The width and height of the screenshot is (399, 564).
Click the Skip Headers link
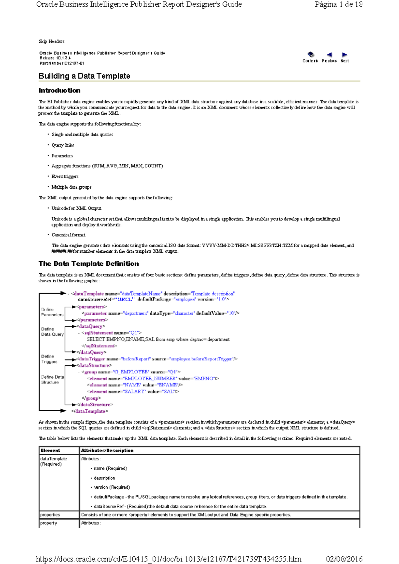52,42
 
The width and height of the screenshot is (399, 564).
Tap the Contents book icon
311,54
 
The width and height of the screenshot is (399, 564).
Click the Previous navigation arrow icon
329,55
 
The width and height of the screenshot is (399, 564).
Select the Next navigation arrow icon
344,55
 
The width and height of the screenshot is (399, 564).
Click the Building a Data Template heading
84,76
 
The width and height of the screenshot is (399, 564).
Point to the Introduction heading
60,91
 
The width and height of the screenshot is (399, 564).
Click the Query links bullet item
63,145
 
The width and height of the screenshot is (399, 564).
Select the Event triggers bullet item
65,177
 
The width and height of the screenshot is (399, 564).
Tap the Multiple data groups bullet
71,187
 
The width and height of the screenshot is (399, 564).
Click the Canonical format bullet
68,235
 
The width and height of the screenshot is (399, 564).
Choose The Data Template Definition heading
89,264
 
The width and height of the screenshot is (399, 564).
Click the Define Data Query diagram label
52,332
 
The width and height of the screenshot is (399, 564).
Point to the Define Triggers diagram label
49,359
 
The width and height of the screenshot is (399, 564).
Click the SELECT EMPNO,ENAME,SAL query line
158,339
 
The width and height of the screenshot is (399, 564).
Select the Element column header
50,451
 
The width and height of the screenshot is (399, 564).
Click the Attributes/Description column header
107,451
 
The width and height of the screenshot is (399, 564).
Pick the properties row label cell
50,515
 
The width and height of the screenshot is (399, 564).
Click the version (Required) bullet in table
112,487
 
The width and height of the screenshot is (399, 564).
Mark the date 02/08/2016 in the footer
344,559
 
